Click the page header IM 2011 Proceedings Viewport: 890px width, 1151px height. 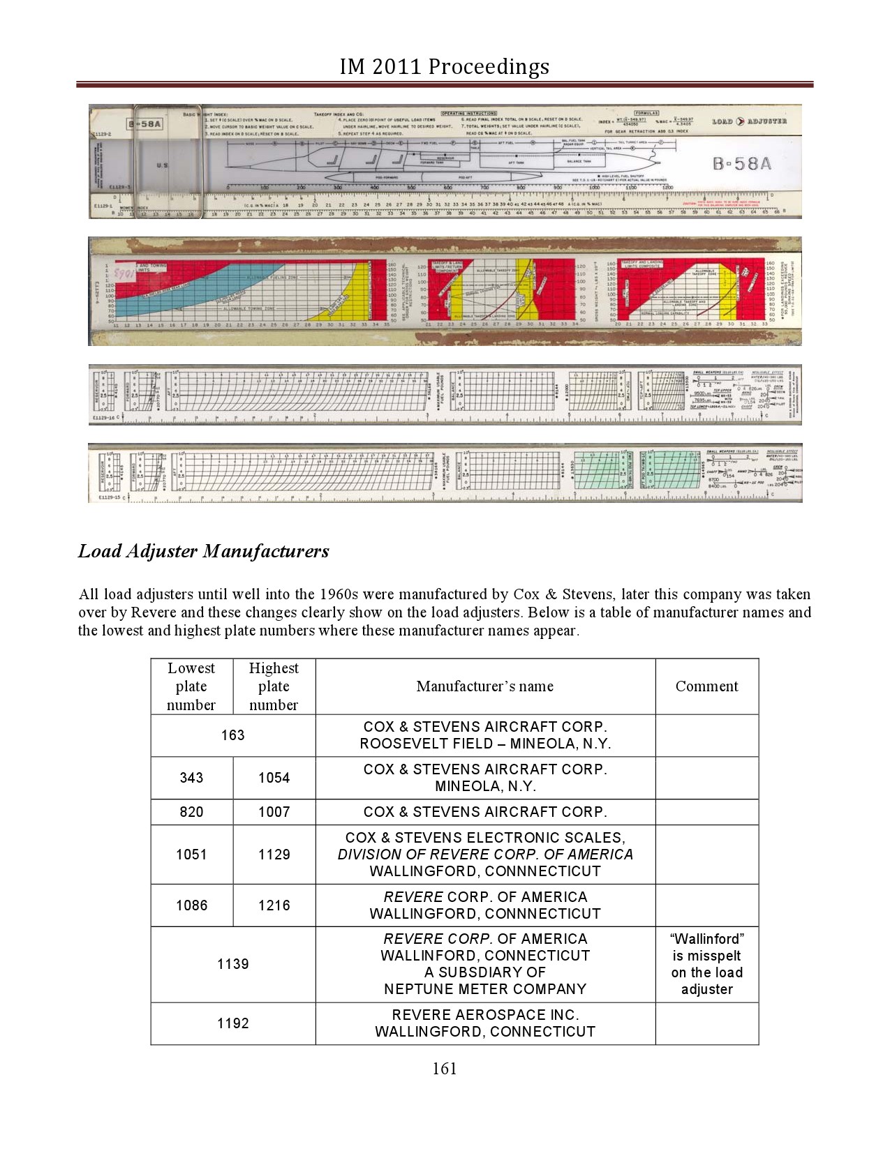(444, 66)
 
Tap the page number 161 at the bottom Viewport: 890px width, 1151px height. (445, 1068)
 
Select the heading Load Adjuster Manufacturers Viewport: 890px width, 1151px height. (203, 551)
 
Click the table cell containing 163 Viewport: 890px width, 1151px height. (232, 735)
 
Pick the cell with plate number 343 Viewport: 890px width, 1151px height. (191, 778)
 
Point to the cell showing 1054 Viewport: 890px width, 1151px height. (274, 778)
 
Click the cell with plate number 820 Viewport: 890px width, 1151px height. (191, 812)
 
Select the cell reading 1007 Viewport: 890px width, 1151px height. (274, 812)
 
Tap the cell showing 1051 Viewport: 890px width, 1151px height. (191, 855)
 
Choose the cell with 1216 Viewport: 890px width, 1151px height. (274, 905)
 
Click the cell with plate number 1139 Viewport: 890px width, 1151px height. (232, 964)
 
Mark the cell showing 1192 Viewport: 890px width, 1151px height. (232, 1023)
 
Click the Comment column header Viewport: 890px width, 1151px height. (706, 686)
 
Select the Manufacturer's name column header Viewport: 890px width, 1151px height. (484, 686)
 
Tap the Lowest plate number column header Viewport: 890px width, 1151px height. (191, 686)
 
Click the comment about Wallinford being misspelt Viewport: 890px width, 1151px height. (706, 964)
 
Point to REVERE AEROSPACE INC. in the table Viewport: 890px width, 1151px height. (485, 1015)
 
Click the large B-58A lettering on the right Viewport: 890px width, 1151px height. (741, 164)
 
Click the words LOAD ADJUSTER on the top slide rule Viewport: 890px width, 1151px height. (749, 121)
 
